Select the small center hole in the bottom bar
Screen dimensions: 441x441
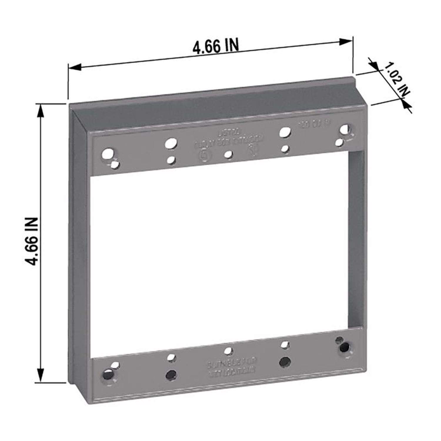click(x=228, y=350)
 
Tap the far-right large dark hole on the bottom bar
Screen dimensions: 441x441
click(x=344, y=348)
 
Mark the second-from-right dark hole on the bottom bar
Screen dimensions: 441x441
click(x=284, y=361)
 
